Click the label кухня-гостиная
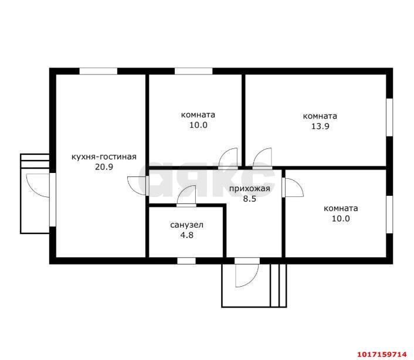pos(104,157)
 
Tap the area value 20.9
pos(104,167)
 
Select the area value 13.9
pos(320,127)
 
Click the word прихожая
pos(249,189)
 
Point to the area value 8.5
pos(249,199)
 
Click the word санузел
pos(186,225)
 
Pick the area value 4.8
pos(186,235)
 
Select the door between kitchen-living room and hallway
pos(137,186)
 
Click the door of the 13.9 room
pos(262,158)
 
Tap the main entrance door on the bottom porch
pos(247,273)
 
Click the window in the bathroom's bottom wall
pos(186,261)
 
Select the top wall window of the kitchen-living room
pos(99,72)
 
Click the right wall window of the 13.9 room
pos(389,117)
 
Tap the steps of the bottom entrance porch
pos(279,286)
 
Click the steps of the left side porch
pos(35,161)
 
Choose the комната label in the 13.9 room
pos(320,116)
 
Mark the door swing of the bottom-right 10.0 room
pos(294,188)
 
